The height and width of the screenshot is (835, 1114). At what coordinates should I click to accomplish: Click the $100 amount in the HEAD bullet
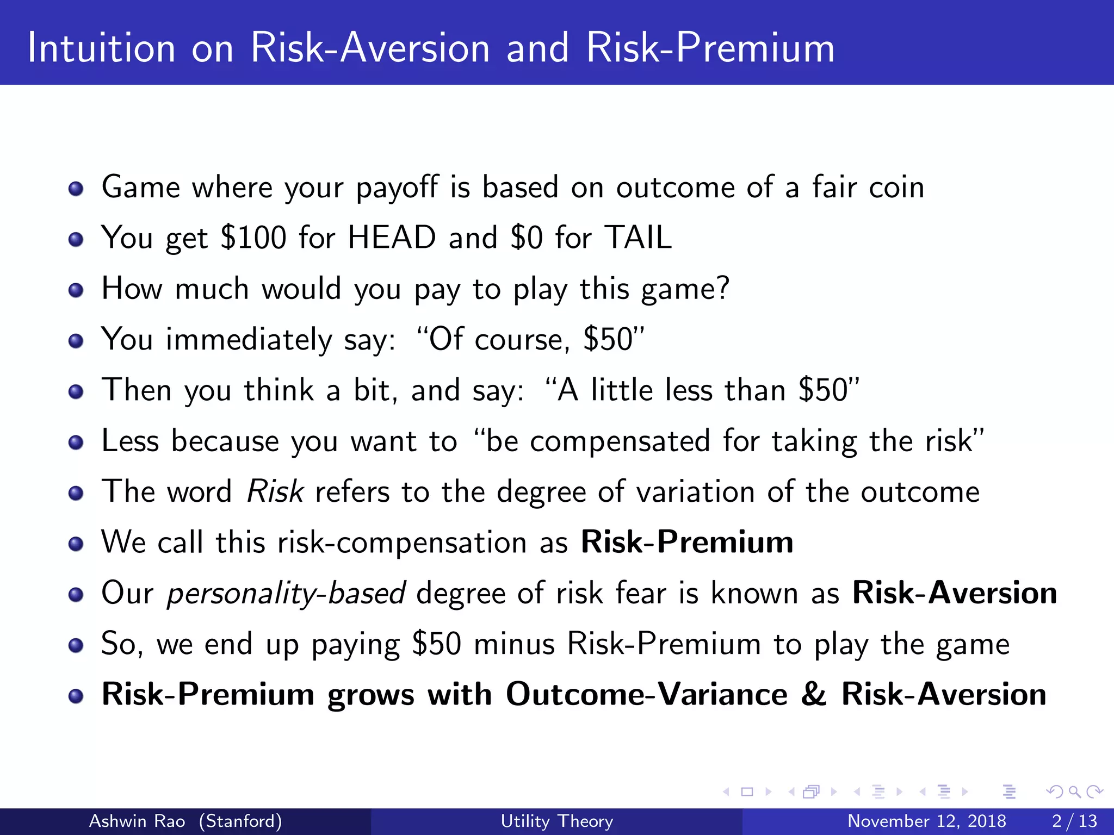coord(253,238)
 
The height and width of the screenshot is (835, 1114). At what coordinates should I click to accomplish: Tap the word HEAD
coord(392,238)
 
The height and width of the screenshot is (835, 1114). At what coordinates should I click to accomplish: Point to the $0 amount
coord(526,238)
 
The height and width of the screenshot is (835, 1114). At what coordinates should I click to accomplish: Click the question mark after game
coord(722,288)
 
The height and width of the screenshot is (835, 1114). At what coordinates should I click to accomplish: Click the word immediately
coord(249,340)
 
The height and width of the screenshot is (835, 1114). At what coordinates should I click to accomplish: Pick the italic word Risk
coord(275,491)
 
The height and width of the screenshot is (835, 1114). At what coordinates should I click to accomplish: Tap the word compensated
coord(620,441)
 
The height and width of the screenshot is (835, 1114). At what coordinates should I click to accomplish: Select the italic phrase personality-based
coord(286,593)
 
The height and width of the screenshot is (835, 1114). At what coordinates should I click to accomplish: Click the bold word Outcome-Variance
coord(646,694)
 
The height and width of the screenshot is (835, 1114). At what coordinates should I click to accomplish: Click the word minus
coord(514,644)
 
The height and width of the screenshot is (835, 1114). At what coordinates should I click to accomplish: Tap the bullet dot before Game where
coord(76,189)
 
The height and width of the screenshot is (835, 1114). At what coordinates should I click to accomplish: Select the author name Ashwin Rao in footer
coord(137,821)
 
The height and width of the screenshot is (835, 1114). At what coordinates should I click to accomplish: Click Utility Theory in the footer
coord(556,821)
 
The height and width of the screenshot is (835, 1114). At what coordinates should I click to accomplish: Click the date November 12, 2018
coord(926,821)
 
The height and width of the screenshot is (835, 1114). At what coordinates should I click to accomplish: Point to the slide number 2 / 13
coord(1074,821)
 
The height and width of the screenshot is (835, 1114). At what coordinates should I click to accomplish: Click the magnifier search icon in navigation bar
coord(1074,792)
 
